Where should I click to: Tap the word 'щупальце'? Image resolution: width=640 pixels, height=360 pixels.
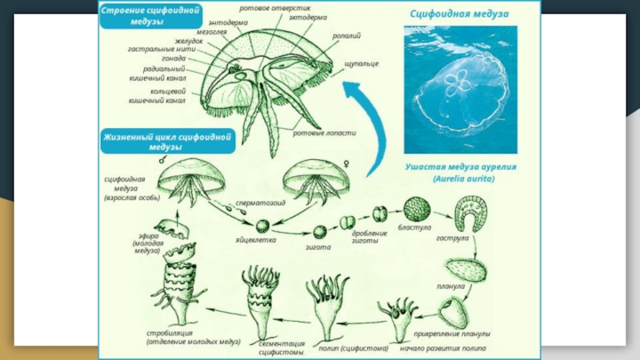tap(362, 63)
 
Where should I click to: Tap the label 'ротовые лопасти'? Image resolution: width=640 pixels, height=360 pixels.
tap(324, 133)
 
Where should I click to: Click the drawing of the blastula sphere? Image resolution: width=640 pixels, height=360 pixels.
tap(418, 210)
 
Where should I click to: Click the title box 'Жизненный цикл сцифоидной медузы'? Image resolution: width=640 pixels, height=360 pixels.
tap(166, 142)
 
